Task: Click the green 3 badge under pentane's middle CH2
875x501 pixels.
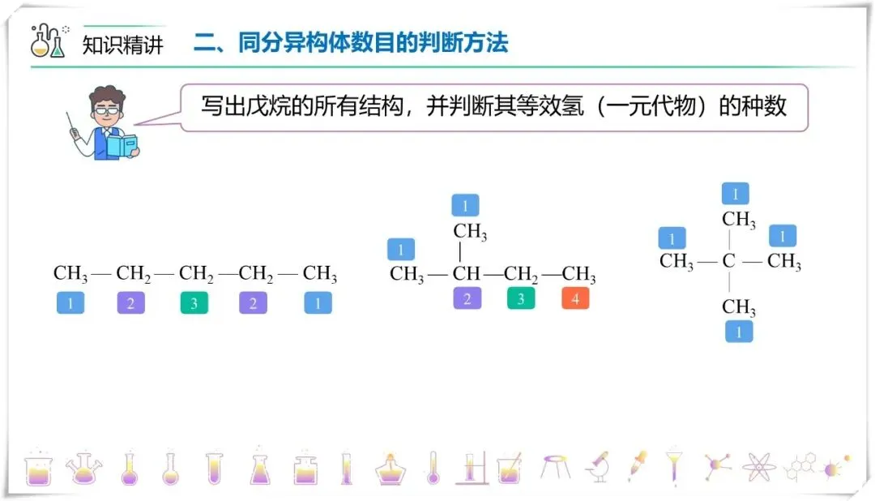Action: pos(194,304)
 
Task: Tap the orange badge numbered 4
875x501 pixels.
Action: pos(575,298)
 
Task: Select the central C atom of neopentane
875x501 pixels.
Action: pos(729,262)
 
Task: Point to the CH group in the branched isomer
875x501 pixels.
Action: pos(467,274)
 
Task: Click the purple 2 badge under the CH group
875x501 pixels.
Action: pos(467,298)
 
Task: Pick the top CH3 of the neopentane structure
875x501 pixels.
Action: pos(738,220)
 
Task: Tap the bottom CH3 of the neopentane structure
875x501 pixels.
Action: pos(738,307)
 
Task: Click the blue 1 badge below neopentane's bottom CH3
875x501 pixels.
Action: pos(739,331)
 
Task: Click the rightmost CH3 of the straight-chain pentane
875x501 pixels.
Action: pos(319,274)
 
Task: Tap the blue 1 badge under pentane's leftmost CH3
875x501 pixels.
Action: pos(70,304)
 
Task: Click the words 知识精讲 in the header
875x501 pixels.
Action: pos(123,45)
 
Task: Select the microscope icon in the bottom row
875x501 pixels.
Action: pos(598,466)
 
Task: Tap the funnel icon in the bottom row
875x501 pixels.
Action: pos(674,466)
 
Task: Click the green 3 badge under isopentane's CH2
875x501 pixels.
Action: pos(521,298)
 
